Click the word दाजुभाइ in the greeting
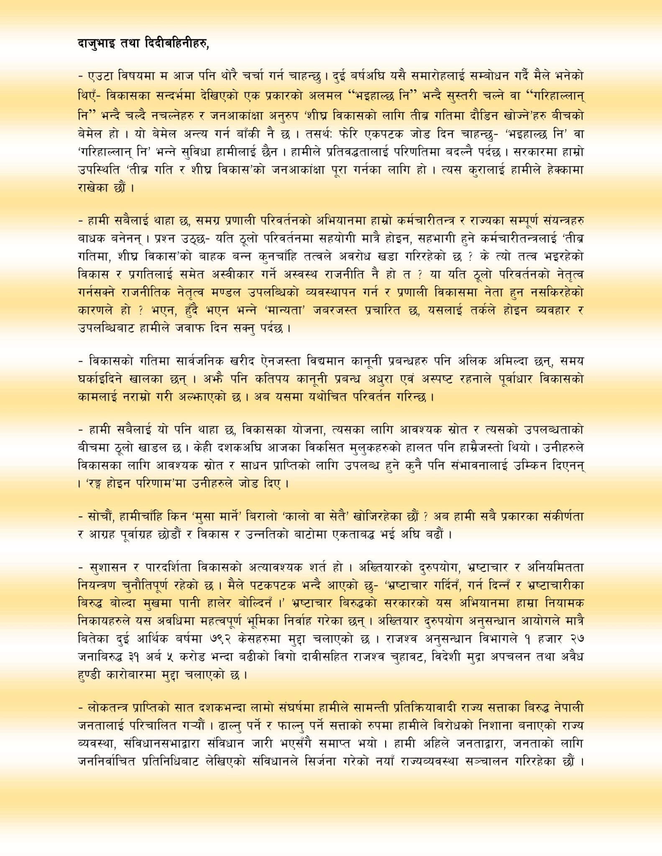tap(96, 44)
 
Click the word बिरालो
tap(252, 517)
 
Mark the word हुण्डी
tap(89, 675)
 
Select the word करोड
tap(192, 657)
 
